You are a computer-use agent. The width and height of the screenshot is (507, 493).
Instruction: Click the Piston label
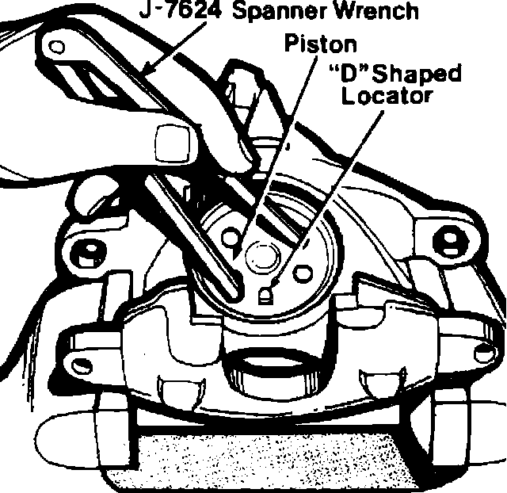(321, 44)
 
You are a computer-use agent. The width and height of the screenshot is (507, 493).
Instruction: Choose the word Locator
(383, 97)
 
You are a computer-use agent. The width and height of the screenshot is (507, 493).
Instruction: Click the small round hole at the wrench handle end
(57, 48)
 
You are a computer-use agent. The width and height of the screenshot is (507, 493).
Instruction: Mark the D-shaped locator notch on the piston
(267, 295)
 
